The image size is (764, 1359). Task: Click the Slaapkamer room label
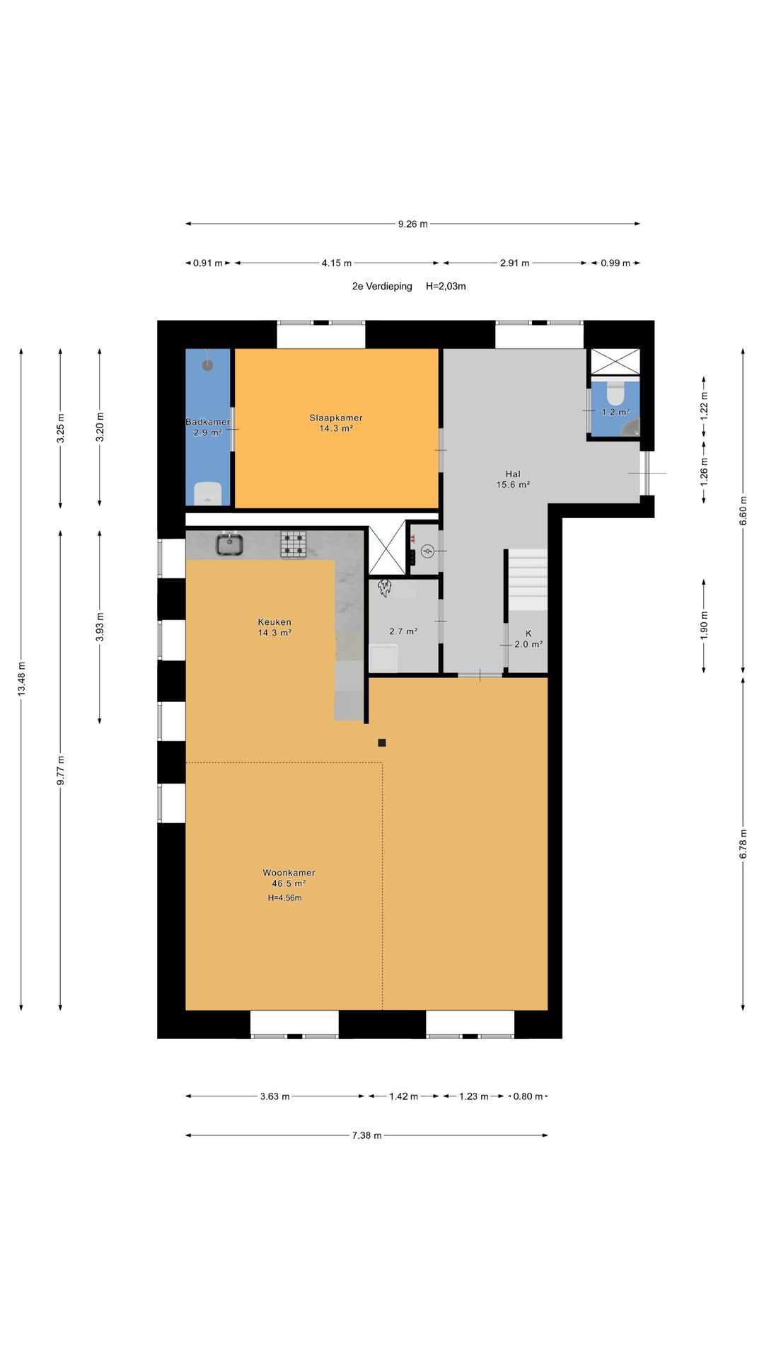click(x=336, y=418)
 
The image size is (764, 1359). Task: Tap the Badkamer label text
click(x=208, y=422)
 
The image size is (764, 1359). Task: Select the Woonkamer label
click(x=289, y=873)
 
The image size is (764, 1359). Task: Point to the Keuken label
click(x=274, y=622)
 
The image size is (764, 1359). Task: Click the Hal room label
click(x=513, y=474)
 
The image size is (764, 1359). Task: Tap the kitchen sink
click(x=230, y=544)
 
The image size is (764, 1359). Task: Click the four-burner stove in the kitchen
click(x=294, y=544)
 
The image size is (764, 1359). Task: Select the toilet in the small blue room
click(x=616, y=394)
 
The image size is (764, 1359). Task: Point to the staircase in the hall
click(x=527, y=579)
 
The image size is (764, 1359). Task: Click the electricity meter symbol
click(x=427, y=551)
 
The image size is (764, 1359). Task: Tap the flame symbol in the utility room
click(x=385, y=587)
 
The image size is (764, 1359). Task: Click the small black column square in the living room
click(x=382, y=742)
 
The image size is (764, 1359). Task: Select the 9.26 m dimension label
click(x=412, y=224)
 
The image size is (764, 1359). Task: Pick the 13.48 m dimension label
click(x=21, y=679)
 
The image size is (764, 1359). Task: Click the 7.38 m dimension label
click(x=366, y=1135)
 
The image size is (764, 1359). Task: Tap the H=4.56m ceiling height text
click(x=284, y=898)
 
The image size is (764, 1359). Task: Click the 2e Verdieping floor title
click(x=382, y=286)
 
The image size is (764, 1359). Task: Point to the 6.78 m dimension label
click(x=743, y=844)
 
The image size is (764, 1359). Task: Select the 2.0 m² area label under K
click(x=528, y=644)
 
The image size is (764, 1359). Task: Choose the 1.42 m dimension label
click(x=403, y=1096)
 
